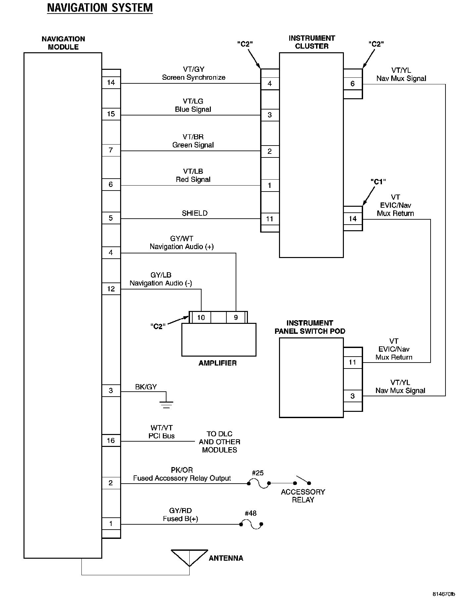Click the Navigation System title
100,8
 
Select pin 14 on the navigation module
111,83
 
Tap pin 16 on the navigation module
111,440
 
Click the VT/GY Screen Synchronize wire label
194,73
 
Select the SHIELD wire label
195,213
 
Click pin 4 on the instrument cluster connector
270,83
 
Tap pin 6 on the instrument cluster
352,84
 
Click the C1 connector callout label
378,182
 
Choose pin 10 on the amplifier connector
201,318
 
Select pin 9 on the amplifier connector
236,318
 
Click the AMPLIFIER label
217,363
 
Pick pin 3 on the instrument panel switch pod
352,396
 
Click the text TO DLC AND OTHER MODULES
219,442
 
